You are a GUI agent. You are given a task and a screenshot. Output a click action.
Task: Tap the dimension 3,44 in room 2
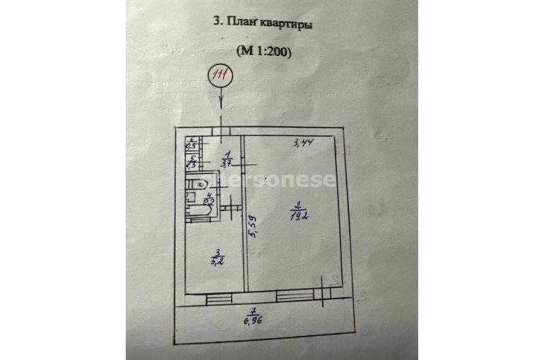pyautogui.click(x=304, y=144)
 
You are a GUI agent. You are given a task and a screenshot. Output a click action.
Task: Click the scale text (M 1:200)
pyautogui.click(x=263, y=51)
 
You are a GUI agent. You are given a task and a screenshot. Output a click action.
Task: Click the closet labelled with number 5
pyautogui.click(x=191, y=164)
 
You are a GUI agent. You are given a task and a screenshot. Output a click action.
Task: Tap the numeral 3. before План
pyautogui.click(x=217, y=22)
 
